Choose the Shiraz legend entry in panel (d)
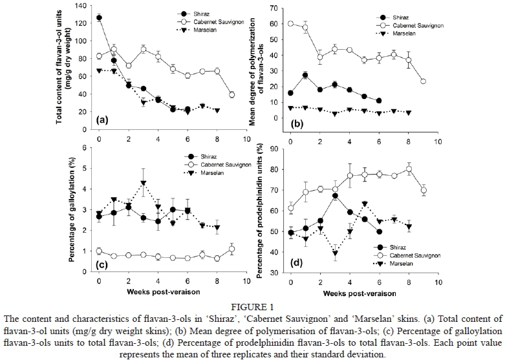(x=402, y=248)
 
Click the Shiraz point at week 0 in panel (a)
(x=99, y=18)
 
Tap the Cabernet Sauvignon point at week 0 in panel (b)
(x=291, y=23)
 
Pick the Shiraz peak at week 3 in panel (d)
(x=336, y=196)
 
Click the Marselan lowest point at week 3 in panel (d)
(x=336, y=253)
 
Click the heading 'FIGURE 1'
(x=252, y=306)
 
